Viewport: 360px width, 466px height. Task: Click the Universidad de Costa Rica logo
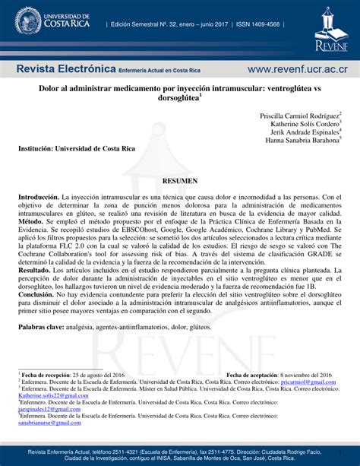pos(47,21)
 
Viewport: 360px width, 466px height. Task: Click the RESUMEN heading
pos(181,182)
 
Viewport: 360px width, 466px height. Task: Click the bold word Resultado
pos(35,270)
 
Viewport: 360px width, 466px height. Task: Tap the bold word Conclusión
pos(36,294)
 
